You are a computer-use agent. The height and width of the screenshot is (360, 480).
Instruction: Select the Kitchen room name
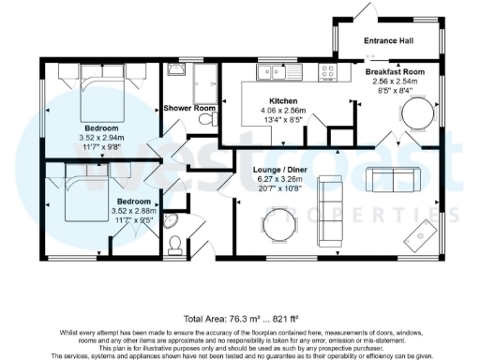[x=283, y=100]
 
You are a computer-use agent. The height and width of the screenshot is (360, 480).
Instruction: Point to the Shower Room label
[x=190, y=109]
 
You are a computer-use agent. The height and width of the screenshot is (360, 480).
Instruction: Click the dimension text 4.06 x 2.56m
[x=282, y=110]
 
